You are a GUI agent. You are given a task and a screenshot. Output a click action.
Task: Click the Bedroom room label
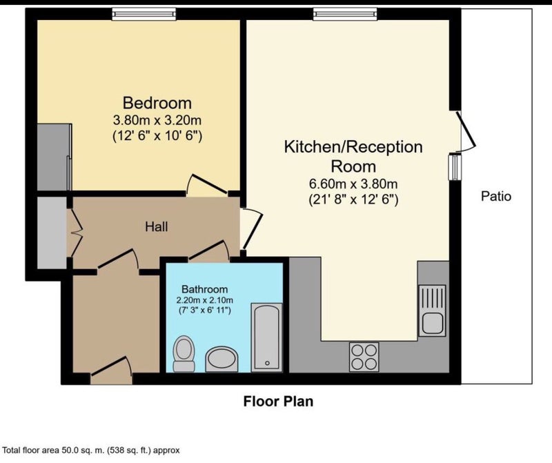[157, 104]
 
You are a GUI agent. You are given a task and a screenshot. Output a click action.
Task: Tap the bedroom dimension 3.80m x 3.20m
[157, 121]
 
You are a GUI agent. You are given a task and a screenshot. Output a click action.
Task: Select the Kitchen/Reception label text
[353, 147]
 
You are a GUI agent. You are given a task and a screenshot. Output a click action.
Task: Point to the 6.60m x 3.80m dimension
[353, 184]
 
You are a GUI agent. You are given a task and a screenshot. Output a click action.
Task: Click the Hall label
[157, 227]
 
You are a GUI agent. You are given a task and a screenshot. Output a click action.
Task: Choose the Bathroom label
[204, 289]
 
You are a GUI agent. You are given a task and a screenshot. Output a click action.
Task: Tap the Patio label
[496, 196]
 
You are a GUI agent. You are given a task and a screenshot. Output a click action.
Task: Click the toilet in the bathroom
[184, 353]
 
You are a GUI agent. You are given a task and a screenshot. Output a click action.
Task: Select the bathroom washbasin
[221, 359]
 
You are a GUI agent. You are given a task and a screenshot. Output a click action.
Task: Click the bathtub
[266, 337]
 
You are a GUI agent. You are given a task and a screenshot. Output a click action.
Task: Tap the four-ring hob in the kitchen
[364, 357]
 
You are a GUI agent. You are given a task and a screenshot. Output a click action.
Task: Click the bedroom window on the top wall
[144, 14]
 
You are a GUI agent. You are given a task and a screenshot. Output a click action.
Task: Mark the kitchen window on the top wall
[345, 14]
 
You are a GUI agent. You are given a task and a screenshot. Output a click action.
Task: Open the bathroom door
[209, 251]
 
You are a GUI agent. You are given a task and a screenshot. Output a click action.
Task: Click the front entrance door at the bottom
[111, 371]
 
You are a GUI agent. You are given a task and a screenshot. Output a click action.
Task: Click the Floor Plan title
[278, 401]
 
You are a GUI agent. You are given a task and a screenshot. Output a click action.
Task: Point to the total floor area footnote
[91, 450]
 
